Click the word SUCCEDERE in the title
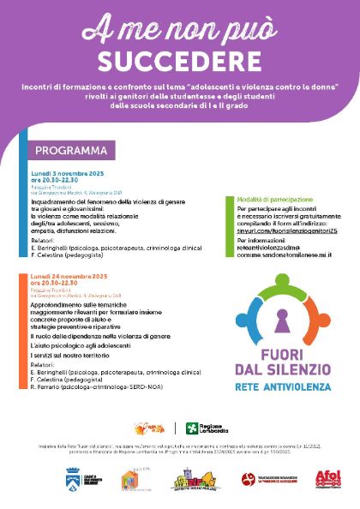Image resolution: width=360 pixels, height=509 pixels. point(179,62)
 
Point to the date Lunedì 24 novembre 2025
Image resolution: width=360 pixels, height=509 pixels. point(69,278)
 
